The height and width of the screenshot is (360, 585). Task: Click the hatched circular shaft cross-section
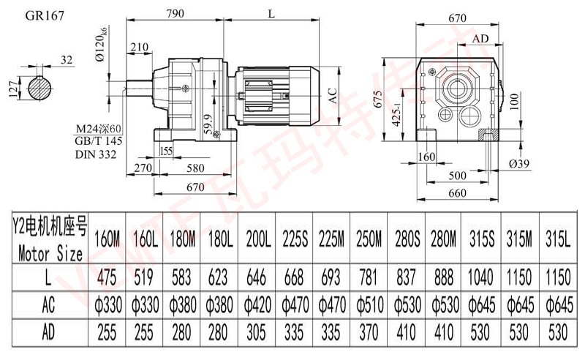click(41, 89)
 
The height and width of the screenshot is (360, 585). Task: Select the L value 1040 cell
click(482, 277)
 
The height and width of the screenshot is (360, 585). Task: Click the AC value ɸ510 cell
click(369, 304)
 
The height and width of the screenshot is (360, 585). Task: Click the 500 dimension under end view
click(458, 176)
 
